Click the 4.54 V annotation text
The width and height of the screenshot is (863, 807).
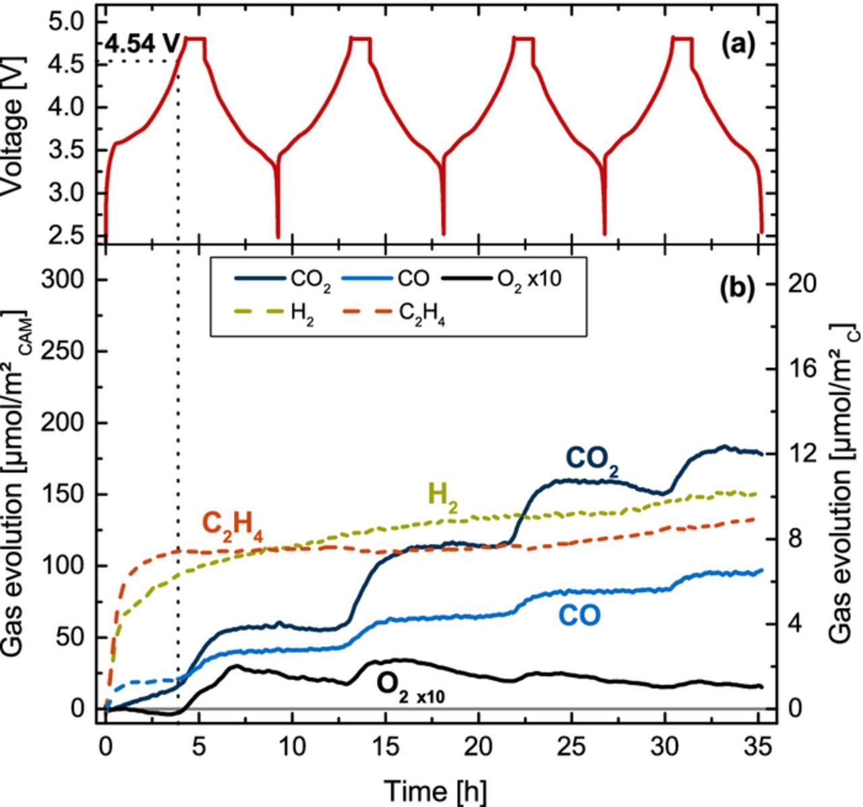click(142, 45)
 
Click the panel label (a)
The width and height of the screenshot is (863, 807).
click(738, 45)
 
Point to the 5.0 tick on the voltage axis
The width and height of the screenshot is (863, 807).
click(67, 22)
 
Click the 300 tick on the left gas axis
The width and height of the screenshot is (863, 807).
click(61, 279)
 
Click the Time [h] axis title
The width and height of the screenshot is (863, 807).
click(434, 789)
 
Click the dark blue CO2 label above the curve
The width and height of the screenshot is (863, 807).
click(592, 460)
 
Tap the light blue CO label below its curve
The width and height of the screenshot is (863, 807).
click(578, 615)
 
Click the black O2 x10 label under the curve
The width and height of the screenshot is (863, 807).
click(409, 687)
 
